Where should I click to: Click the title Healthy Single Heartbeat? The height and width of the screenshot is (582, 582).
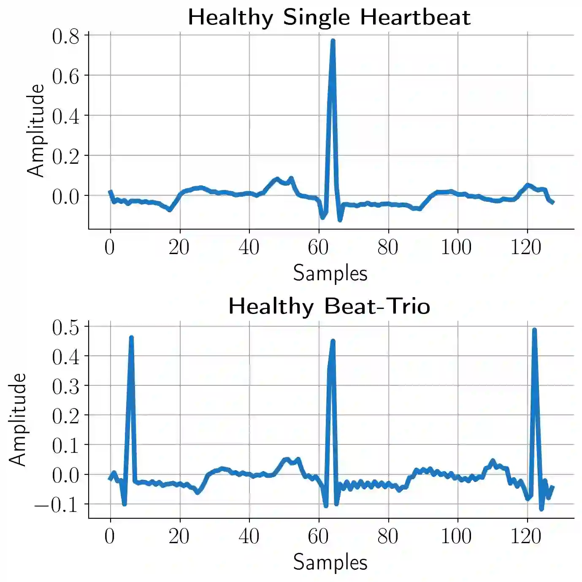point(329,17)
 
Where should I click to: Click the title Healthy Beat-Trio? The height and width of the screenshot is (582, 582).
point(329,306)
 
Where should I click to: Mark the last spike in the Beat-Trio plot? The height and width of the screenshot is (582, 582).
point(534,330)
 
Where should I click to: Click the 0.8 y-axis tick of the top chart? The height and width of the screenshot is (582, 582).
point(66,37)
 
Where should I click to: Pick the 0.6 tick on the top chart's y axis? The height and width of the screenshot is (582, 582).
point(66,76)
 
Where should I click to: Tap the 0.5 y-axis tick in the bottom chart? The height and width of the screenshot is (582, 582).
point(66,328)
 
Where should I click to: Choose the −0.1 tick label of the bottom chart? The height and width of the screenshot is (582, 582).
point(57,505)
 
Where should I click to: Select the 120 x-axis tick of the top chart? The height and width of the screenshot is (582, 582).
point(526,247)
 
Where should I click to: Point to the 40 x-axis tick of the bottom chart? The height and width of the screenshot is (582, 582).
point(249,536)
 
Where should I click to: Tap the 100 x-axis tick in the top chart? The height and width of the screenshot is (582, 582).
point(457,247)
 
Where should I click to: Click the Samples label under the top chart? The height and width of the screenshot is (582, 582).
point(330,273)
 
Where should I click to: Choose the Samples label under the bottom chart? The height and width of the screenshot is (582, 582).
point(330,562)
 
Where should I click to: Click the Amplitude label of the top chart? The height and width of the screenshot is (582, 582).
point(35,130)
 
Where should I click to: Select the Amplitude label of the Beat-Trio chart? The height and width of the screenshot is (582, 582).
point(18,420)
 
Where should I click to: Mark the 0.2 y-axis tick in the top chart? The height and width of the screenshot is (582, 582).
point(66,157)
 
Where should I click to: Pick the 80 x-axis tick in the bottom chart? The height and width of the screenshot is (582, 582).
point(388,536)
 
